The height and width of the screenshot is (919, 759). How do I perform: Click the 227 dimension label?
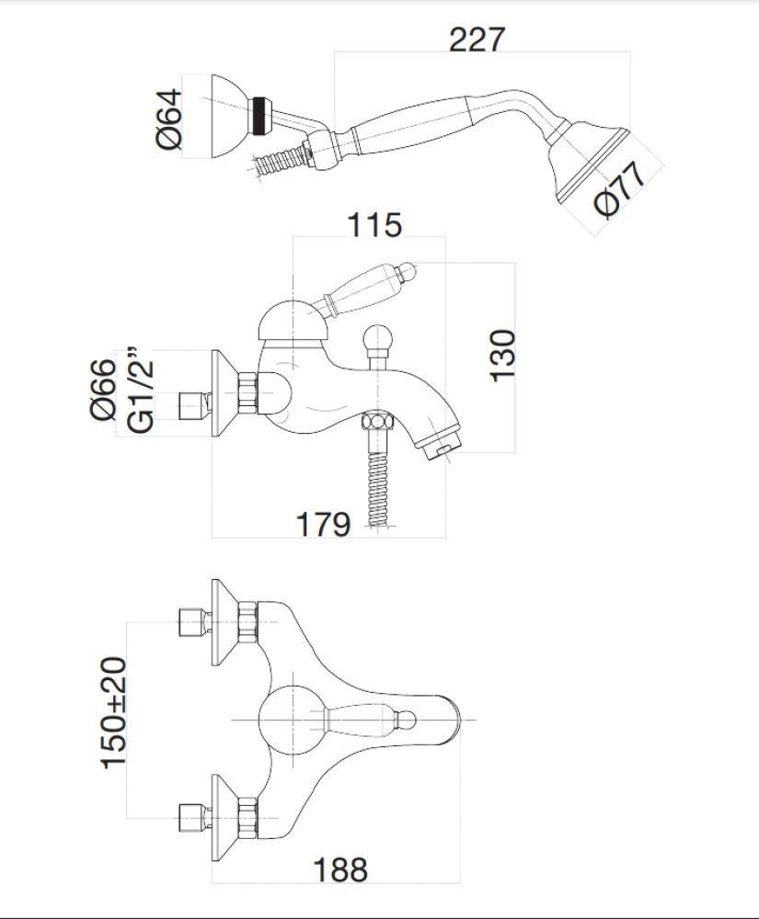pos(477,40)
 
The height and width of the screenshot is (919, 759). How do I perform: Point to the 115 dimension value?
pos(374,224)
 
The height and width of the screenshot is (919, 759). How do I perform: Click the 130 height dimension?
pos(503,356)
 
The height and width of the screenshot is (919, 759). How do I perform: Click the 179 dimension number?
pos(323,525)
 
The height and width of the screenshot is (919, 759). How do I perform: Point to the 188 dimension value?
pos(339,868)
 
